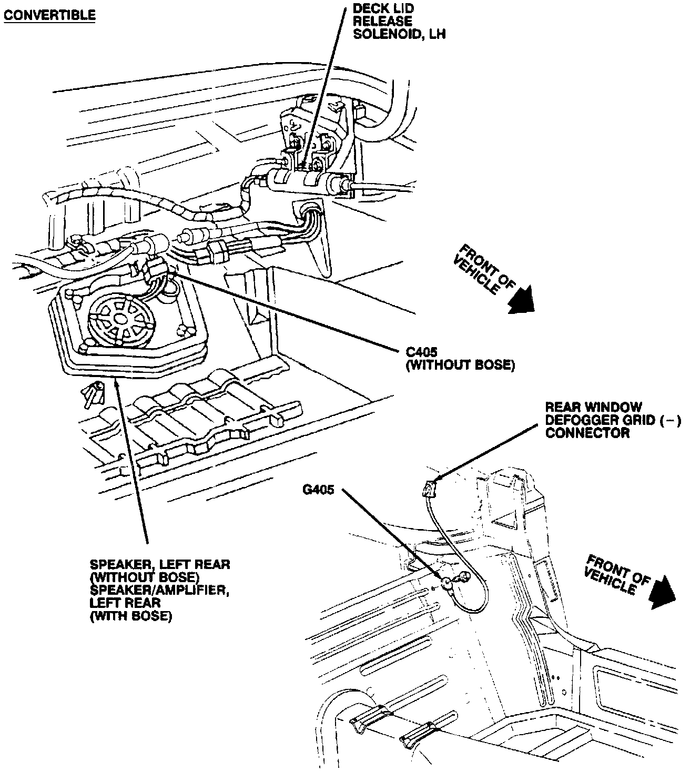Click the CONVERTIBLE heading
(x=49, y=15)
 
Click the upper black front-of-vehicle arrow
(x=521, y=300)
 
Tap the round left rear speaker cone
(x=120, y=320)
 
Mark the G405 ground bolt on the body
(x=448, y=582)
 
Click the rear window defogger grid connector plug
(x=430, y=489)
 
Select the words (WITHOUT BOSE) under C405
(x=459, y=365)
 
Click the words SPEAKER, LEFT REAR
(x=160, y=565)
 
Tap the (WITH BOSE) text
(x=131, y=616)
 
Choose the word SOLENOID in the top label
(x=382, y=34)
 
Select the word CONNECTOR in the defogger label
(x=587, y=433)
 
